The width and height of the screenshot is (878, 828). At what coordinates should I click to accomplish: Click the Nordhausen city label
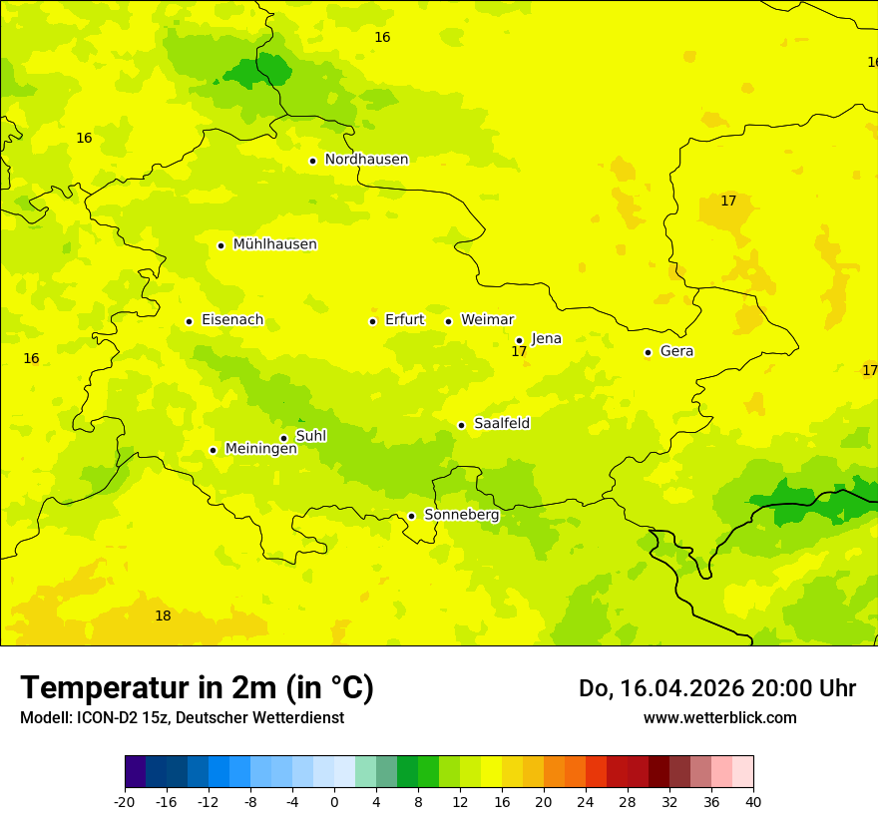coord(366,160)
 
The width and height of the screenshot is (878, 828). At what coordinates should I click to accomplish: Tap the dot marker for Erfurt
coord(372,321)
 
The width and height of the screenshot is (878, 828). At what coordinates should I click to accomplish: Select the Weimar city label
coord(487,320)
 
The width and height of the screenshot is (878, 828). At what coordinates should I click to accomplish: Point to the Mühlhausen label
coord(274,244)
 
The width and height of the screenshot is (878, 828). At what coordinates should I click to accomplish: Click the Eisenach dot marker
coord(189,321)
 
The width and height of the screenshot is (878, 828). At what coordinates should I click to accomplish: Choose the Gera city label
coord(676,351)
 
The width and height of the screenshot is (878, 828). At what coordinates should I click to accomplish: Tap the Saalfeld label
coord(502,424)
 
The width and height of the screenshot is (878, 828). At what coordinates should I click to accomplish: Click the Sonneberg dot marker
coord(411,516)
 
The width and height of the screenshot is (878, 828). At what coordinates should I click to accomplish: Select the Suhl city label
coord(311,436)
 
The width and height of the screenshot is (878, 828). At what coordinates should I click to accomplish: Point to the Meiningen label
coord(260,449)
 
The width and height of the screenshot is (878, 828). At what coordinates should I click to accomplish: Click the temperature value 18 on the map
coord(163,617)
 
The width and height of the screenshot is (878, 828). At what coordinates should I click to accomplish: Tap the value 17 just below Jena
coord(519,352)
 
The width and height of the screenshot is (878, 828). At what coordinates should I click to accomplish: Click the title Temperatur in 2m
coord(197,687)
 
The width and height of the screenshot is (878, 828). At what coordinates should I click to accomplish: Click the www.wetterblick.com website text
coord(719,717)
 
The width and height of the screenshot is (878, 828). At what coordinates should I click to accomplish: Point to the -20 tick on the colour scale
coord(125,801)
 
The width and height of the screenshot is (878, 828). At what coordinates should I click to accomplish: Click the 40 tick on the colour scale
coord(753,801)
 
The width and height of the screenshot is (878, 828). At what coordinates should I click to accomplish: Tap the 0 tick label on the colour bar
coord(334,801)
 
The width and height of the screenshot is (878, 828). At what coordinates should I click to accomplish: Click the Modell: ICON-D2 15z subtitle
coord(181,717)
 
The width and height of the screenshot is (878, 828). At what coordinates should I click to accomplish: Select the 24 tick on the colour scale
coord(586,801)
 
